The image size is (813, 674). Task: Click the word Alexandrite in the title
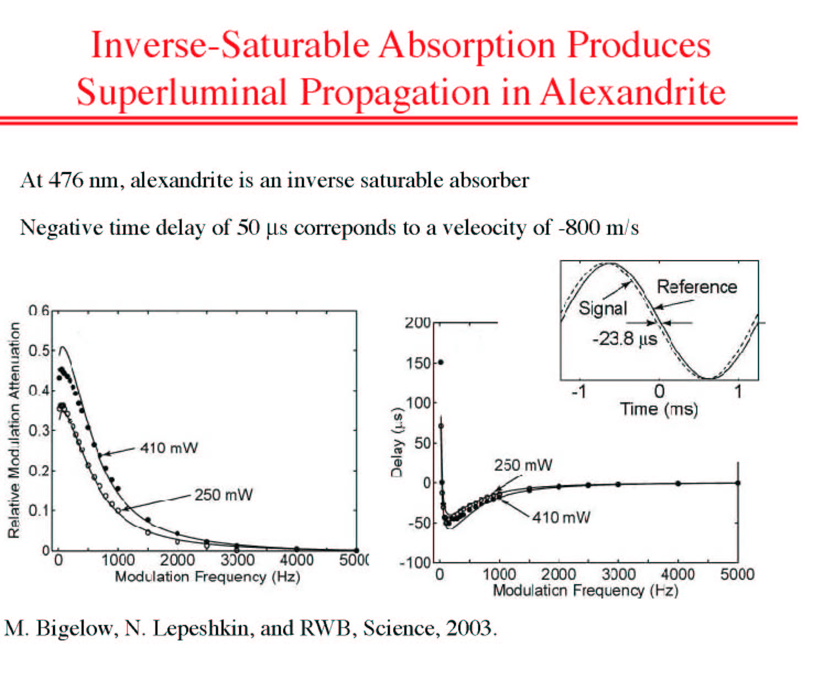point(633,92)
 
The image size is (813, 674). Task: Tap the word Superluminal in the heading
point(182,93)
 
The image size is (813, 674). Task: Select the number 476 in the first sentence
point(66,180)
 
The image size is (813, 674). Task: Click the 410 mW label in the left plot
point(169,448)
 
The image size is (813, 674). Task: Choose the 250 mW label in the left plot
point(224,495)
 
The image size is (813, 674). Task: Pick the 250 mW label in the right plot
point(523,465)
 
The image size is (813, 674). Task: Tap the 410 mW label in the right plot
point(561,517)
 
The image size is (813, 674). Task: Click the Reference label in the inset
point(697,287)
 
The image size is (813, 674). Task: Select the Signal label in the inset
point(603,309)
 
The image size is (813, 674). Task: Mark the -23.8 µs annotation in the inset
point(625,339)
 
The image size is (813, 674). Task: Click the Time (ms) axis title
point(659,409)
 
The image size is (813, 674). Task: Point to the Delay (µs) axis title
point(397,442)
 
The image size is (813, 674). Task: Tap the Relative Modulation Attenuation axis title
point(14,430)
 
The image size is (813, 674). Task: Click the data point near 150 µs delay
point(441,362)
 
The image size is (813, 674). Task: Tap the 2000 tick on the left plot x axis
point(177,560)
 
